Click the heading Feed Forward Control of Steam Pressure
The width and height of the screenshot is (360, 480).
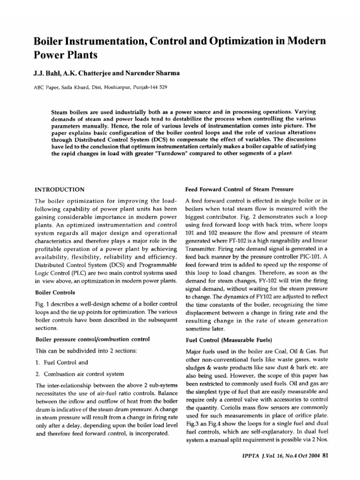238,189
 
